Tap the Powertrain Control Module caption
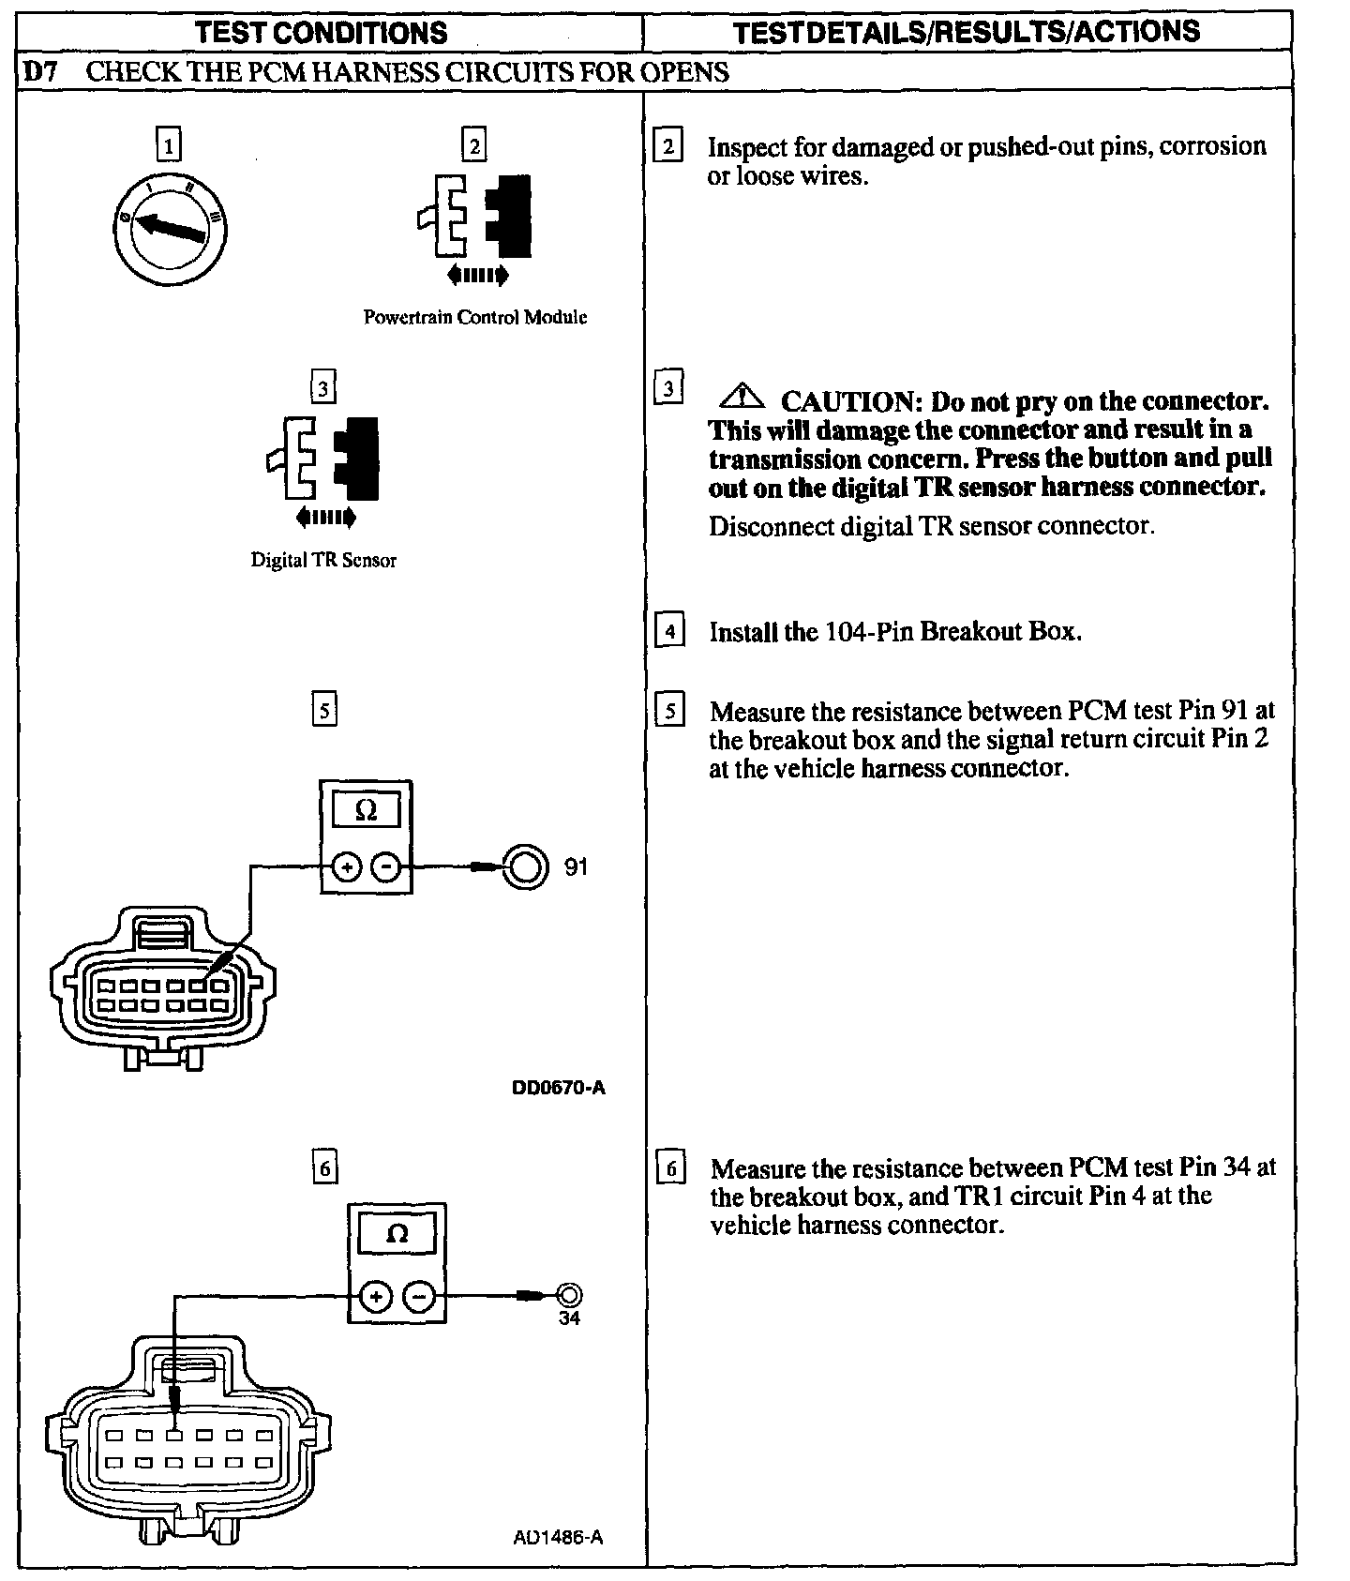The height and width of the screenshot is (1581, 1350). tap(474, 317)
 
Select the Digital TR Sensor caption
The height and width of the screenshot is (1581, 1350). tap(323, 560)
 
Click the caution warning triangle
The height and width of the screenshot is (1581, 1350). tap(742, 398)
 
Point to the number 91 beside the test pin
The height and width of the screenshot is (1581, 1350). tap(576, 867)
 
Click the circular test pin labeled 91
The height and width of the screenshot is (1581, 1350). tap(525, 866)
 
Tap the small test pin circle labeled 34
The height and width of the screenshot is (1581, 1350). tap(568, 1296)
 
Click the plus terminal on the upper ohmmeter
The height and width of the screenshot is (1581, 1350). tap(347, 867)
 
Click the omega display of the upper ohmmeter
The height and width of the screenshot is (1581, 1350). tap(366, 811)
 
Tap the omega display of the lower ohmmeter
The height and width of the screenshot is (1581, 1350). tap(397, 1235)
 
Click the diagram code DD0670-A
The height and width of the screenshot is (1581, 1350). tap(559, 1088)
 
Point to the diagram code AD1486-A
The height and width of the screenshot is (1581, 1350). tap(558, 1538)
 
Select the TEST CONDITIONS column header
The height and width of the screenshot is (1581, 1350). tap(321, 33)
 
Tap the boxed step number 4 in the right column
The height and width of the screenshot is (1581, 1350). tap(668, 631)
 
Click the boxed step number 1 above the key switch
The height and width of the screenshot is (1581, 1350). tap(168, 146)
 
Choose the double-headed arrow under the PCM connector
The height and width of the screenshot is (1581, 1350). tap(478, 275)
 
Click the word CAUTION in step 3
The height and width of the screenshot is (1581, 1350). tap(847, 401)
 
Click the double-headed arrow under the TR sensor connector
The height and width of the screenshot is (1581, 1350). tap(325, 517)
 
